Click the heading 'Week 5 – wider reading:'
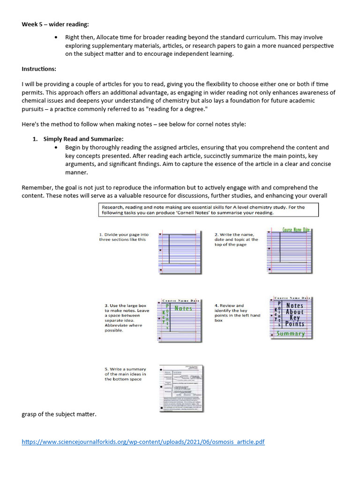pyautogui.click(x=55, y=24)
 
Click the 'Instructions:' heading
pyautogui.click(x=39, y=69)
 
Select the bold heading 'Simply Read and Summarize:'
pyautogui.click(x=83, y=139)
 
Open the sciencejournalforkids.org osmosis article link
pyautogui.click(x=143, y=442)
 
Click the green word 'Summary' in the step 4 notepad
pyautogui.click(x=291, y=334)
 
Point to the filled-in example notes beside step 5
pyautogui.click(x=181, y=388)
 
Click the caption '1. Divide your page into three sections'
pyautogui.click(x=124, y=237)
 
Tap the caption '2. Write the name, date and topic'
pyautogui.click(x=236, y=239)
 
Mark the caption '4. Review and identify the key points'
pyautogui.click(x=237, y=313)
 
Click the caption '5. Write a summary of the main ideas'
pyautogui.click(x=125, y=374)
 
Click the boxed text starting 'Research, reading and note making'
pyautogui.click(x=208, y=210)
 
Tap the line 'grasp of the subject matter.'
pyautogui.click(x=59, y=414)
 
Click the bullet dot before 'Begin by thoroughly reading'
pyautogui.click(x=57, y=147)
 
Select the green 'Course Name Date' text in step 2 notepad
pyautogui.click(x=296, y=230)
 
